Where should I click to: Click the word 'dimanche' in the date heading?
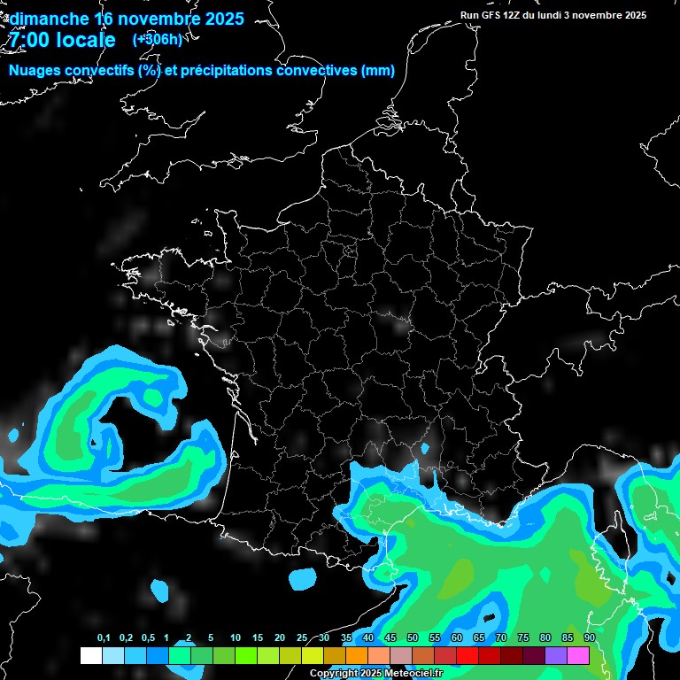pos(49,19)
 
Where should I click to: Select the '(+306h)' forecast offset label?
pos(158,39)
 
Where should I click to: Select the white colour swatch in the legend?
pos(90,656)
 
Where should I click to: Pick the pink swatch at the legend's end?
pos(578,656)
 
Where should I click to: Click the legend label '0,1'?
pos(104,638)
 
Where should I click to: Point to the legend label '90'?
pos(590,638)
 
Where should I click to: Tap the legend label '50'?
pos(413,638)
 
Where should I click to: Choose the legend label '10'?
pos(236,638)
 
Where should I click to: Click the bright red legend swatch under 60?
pos(467,656)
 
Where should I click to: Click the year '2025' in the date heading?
pos(215,19)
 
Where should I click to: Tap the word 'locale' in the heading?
pos(86,40)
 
